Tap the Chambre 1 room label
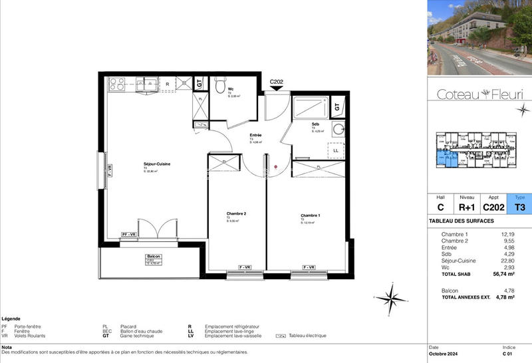pyautogui.click(x=310, y=216)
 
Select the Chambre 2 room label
pyautogui.click(x=236, y=213)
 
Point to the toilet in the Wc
pyautogui.click(x=220, y=85)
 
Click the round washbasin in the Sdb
pyautogui.click(x=338, y=130)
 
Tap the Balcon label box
pyautogui.click(x=154, y=259)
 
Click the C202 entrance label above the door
pyautogui.click(x=277, y=82)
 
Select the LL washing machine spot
pyautogui.click(x=335, y=151)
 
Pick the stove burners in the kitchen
pyautogui.click(x=117, y=84)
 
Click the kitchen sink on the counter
pyautogui.click(x=148, y=84)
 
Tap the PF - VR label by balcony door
pyautogui.click(x=129, y=235)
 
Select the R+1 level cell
pyautogui.click(x=467, y=207)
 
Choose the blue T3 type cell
pyautogui.click(x=519, y=207)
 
